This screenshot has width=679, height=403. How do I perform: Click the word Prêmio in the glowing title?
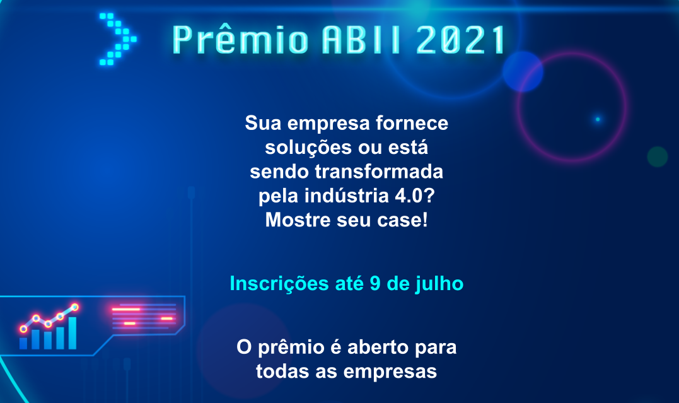(240, 39)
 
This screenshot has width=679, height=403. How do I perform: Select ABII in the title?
(361, 40)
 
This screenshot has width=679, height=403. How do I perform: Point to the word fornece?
(412, 123)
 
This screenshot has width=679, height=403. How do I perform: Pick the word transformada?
(379, 172)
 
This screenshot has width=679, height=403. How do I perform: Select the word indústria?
(347, 196)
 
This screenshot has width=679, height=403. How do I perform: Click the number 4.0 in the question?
(409, 196)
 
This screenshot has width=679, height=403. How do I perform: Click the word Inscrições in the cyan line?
(279, 284)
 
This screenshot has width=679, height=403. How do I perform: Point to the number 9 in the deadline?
(375, 284)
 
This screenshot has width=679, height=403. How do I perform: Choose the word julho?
(439, 284)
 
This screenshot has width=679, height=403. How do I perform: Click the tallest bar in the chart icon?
(73, 333)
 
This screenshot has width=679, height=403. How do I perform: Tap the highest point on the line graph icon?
(74, 307)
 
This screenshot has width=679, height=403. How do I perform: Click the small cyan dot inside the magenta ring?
(598, 119)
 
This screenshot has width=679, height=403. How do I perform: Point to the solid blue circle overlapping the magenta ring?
(523, 71)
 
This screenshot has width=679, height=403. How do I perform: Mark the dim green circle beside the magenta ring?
(658, 156)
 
